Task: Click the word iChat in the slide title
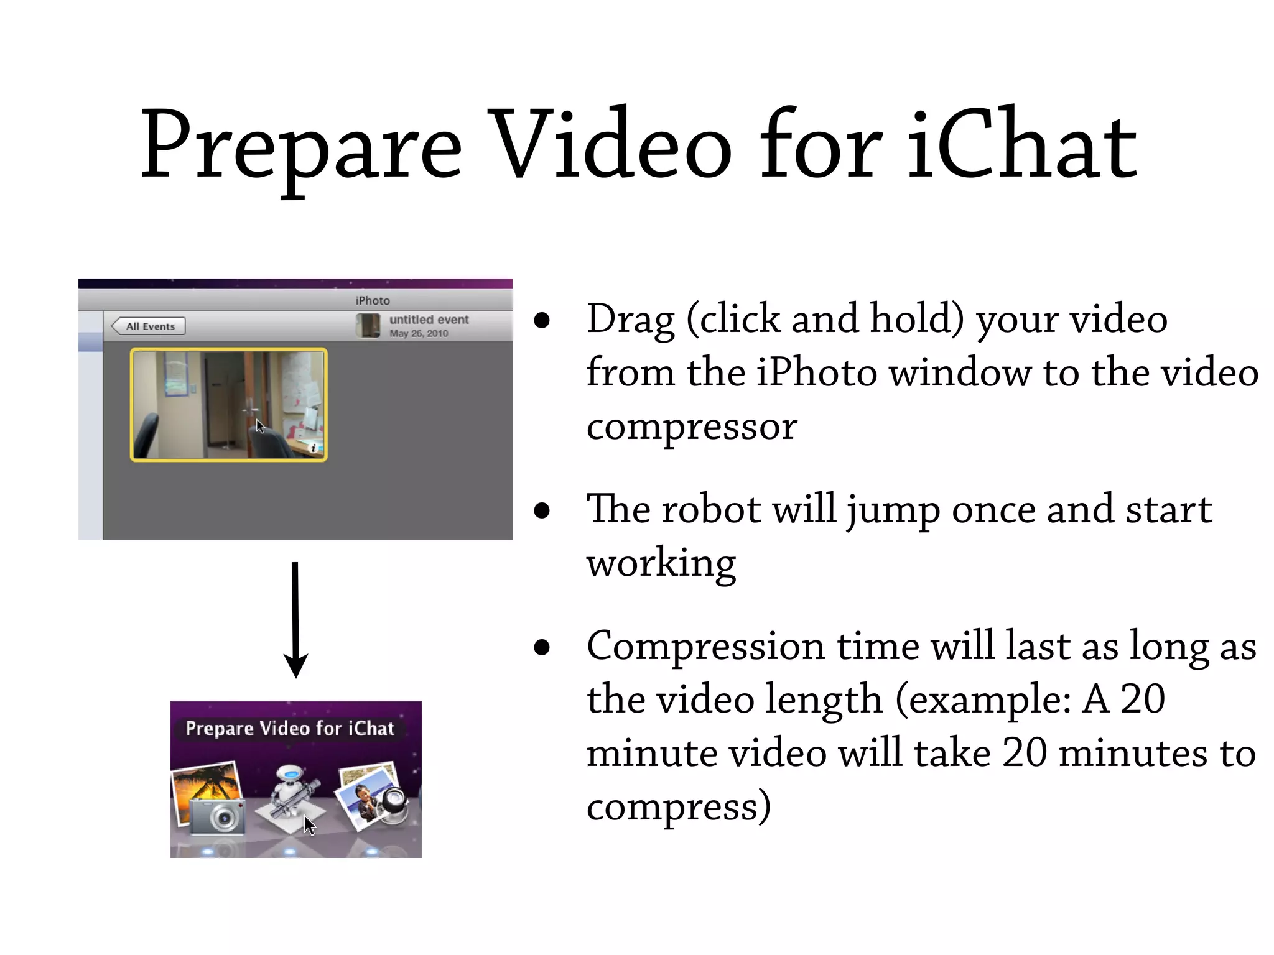coord(1021,144)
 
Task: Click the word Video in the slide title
coord(608,144)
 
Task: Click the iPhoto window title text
coord(372,300)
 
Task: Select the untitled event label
coord(429,320)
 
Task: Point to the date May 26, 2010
coord(419,334)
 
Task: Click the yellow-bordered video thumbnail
coord(228,404)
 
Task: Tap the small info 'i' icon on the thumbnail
coord(313,448)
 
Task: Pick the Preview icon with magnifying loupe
coord(373,799)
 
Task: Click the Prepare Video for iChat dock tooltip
coord(290,728)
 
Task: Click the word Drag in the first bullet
coord(630,320)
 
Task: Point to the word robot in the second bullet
coord(710,510)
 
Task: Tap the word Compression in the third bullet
coord(705,647)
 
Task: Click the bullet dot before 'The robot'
coord(542,510)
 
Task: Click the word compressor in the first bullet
coord(691,427)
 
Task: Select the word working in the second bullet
coord(661,563)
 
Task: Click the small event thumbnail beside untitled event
coord(368,326)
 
